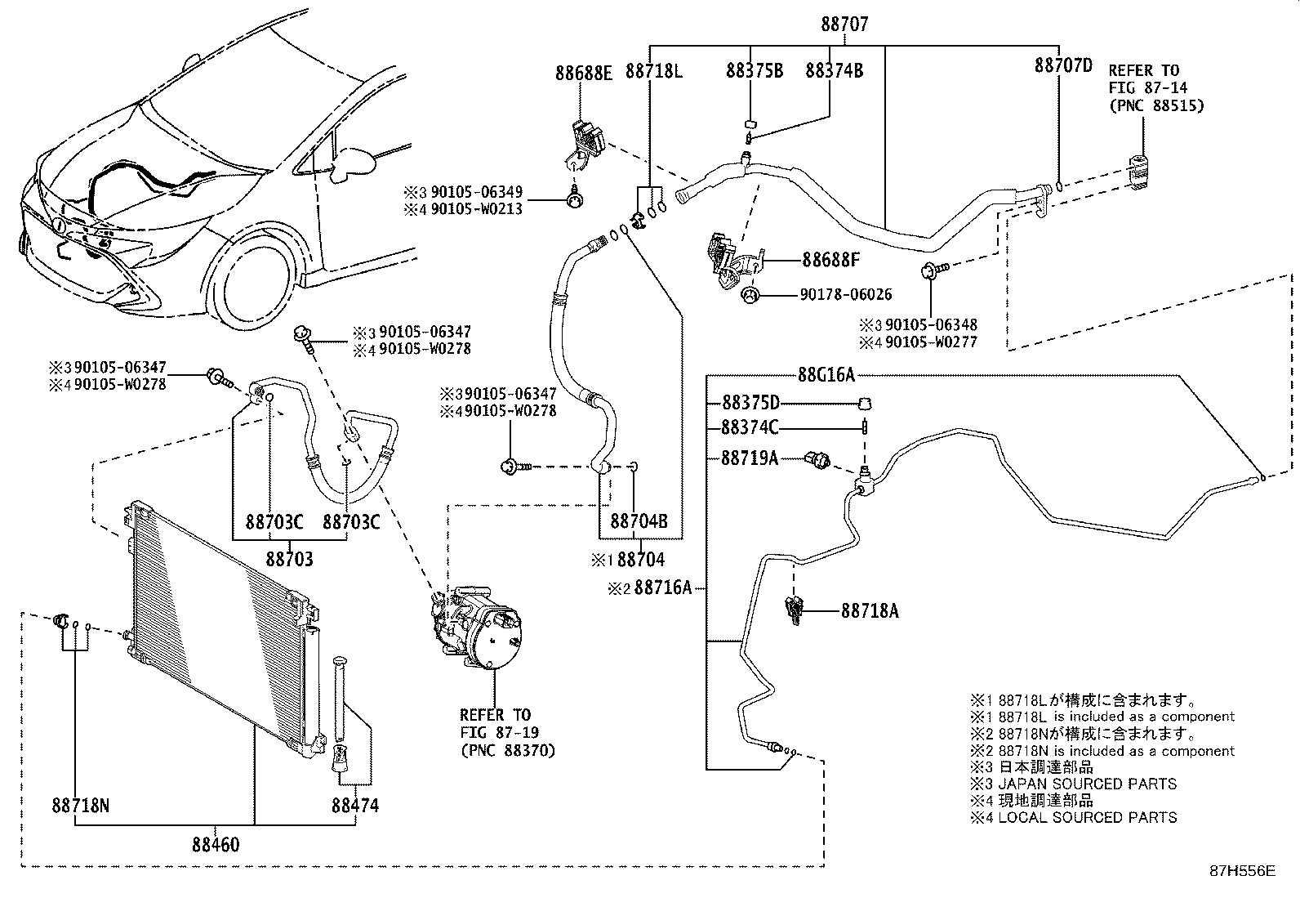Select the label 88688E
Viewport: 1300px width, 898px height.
coord(583,73)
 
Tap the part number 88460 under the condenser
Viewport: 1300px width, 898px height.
coord(216,843)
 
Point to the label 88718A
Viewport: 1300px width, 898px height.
coord(870,610)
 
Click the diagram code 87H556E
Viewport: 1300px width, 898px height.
coord(1242,871)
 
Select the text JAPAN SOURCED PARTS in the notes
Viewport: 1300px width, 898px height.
coord(1088,784)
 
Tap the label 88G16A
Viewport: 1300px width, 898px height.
coord(826,375)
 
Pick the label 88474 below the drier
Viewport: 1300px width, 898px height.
coord(355,806)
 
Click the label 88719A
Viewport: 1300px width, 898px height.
coord(749,458)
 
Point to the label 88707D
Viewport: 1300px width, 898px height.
coord(1062,66)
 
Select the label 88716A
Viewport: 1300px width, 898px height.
coord(663,587)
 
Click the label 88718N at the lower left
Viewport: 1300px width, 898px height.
coord(80,806)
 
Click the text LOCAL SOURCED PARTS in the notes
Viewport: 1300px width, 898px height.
coord(1088,817)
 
